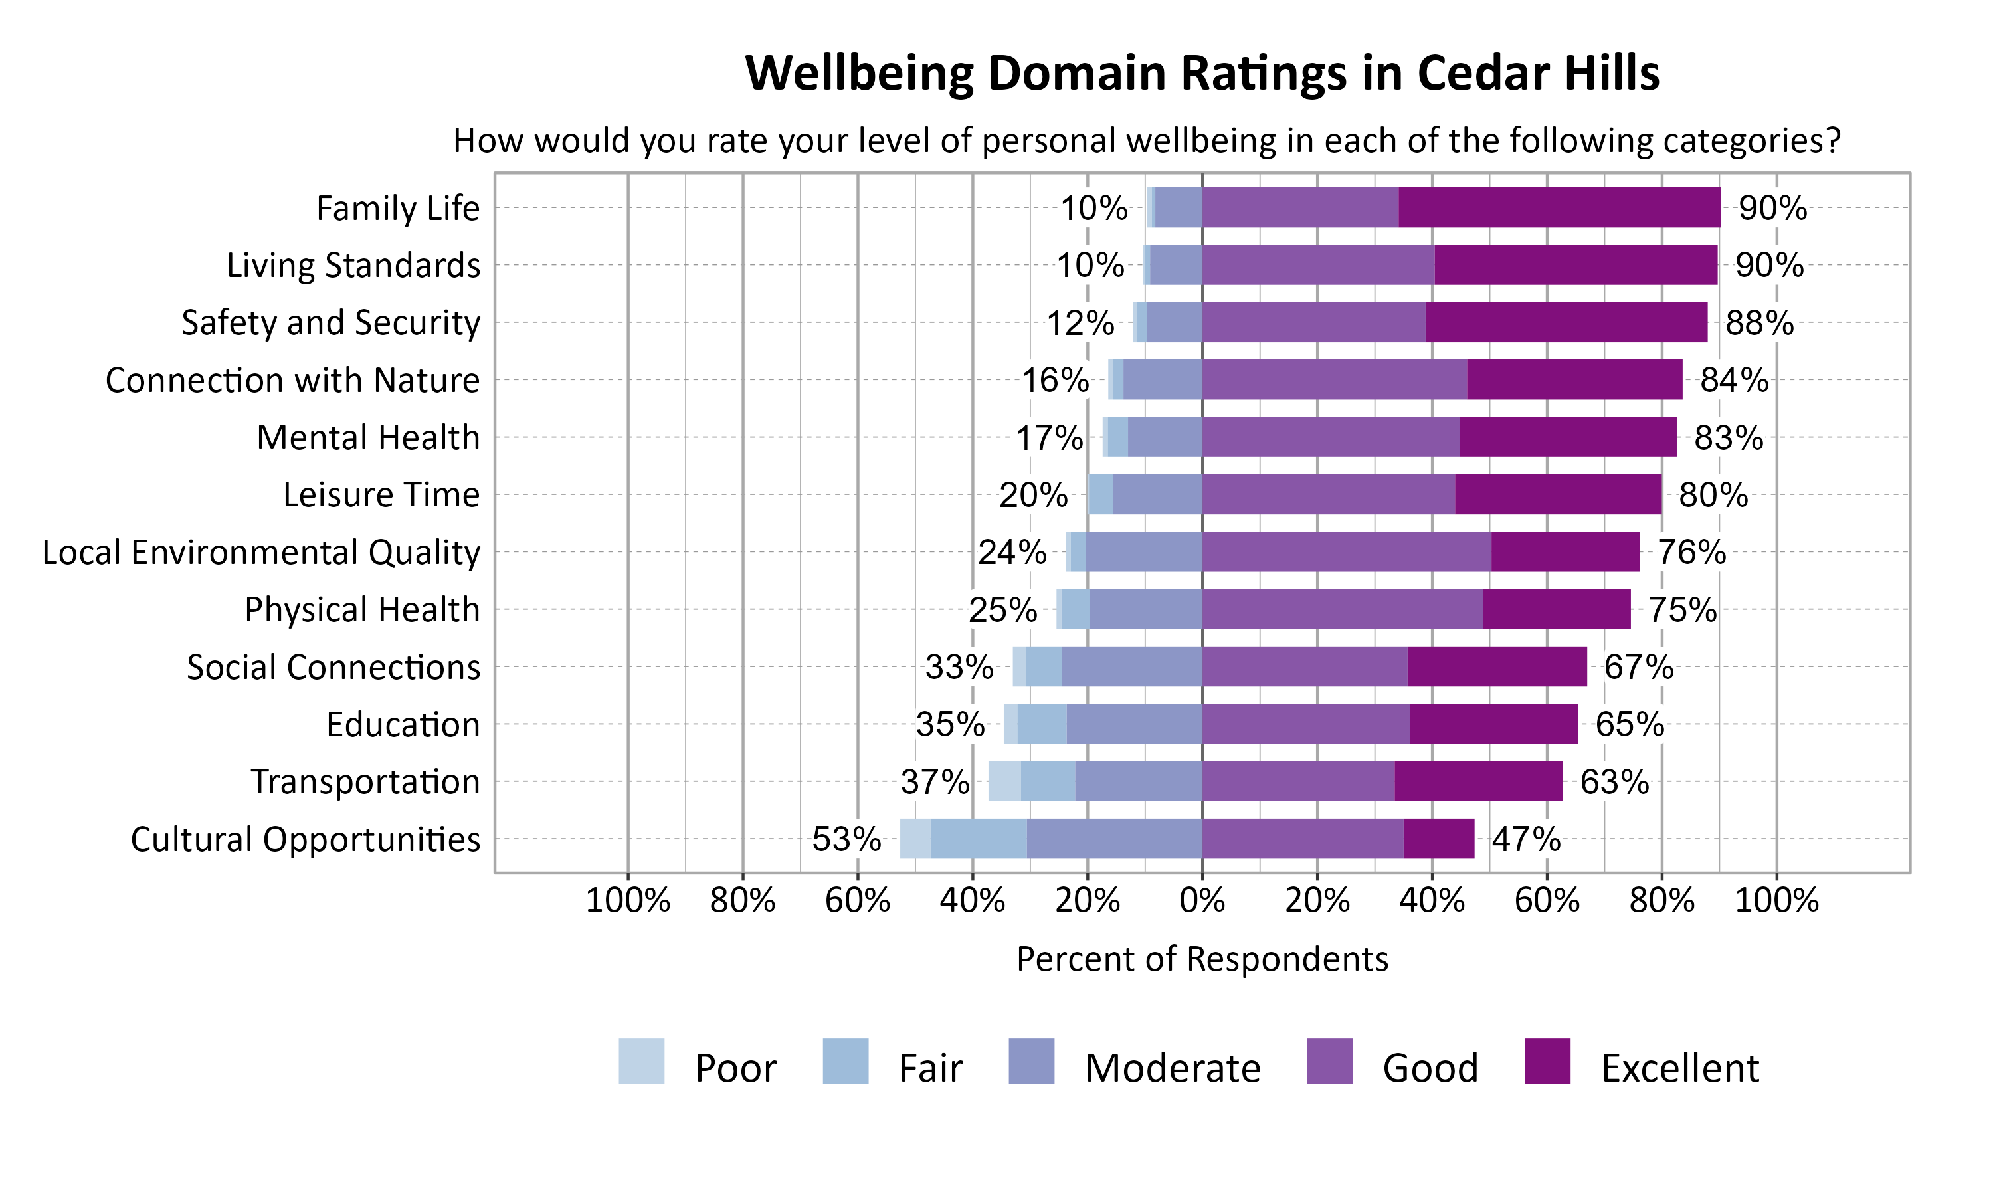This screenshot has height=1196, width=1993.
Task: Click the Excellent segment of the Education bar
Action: pyautogui.click(x=1493, y=724)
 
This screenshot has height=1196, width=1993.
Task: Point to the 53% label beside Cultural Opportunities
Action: pyautogui.click(x=846, y=839)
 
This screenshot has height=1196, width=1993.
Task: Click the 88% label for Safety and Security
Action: pyautogui.click(x=1758, y=322)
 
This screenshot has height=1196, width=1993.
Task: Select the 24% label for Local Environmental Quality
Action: pyautogui.click(x=1012, y=552)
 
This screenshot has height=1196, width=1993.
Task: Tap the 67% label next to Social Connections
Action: pyautogui.click(x=1638, y=667)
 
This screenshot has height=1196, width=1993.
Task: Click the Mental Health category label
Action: pyautogui.click(x=367, y=438)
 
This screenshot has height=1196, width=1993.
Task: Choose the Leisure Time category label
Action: pyautogui.click(x=381, y=495)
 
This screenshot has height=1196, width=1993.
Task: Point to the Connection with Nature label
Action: pyautogui.click(x=292, y=381)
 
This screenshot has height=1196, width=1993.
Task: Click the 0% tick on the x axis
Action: pyautogui.click(x=1202, y=900)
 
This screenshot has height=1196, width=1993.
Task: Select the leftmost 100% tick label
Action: pyautogui.click(x=628, y=900)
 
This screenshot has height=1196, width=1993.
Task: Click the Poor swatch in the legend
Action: pyautogui.click(x=641, y=1060)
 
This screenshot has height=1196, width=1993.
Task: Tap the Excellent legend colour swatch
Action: pyautogui.click(x=1547, y=1060)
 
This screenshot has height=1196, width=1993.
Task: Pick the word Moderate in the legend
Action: pyautogui.click(x=1172, y=1068)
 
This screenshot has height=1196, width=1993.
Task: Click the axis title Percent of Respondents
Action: pyautogui.click(x=1202, y=959)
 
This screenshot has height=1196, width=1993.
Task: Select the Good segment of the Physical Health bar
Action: pyautogui.click(x=1342, y=609)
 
